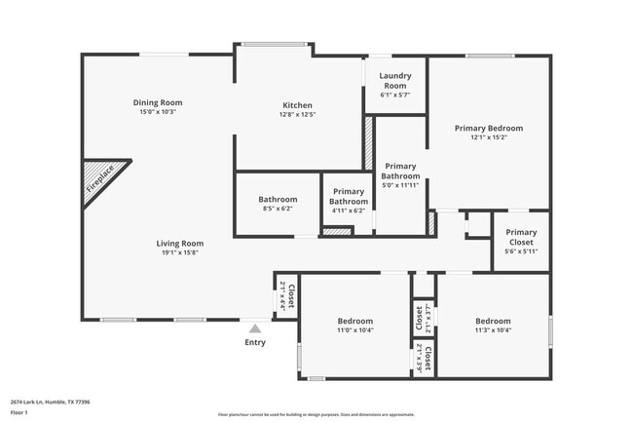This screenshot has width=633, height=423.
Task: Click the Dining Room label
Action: click(158, 102)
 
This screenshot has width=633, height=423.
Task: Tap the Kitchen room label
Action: click(298, 105)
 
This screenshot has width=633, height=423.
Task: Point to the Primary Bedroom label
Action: click(489, 128)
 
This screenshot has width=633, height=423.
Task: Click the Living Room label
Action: click(180, 243)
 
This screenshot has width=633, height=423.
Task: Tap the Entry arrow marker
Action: click(255, 328)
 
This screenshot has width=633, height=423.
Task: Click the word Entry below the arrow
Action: click(255, 342)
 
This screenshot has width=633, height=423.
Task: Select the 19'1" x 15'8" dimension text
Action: click(180, 252)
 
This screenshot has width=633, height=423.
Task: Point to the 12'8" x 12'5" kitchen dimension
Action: click(298, 115)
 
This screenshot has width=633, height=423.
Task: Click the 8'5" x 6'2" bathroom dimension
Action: click(278, 209)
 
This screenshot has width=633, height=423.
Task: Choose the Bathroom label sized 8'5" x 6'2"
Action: click(278, 199)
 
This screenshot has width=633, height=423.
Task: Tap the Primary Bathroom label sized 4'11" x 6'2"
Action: click(348, 197)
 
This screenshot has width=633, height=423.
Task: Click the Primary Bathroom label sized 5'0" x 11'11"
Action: click(400, 172)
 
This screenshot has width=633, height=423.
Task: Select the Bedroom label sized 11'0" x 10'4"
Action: click(355, 321)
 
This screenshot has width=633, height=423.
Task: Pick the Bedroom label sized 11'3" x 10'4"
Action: click(493, 321)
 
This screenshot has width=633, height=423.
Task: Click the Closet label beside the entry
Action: click(289, 294)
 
